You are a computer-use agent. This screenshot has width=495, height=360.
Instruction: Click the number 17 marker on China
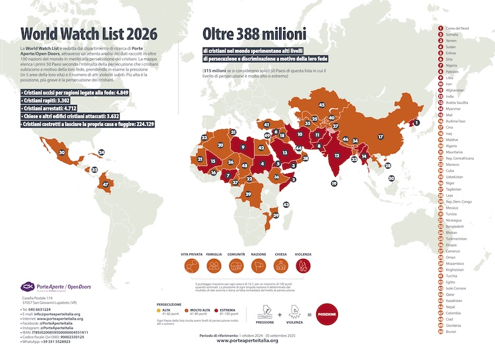[x=381, y=137]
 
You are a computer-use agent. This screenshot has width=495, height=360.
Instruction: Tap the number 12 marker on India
[x=337, y=155]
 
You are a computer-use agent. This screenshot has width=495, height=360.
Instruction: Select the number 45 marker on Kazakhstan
[x=321, y=104]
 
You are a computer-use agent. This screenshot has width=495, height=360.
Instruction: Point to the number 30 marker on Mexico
[x=61, y=153]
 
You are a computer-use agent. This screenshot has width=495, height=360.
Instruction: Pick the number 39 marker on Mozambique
[x=277, y=215]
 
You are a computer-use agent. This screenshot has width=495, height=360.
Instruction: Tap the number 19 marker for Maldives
[x=334, y=184]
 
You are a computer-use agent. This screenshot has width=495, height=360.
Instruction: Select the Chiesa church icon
[x=280, y=266]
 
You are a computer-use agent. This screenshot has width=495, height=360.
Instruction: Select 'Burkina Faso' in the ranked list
[x=458, y=122]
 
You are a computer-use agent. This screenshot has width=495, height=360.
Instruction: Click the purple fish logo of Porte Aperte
[x=27, y=286]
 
